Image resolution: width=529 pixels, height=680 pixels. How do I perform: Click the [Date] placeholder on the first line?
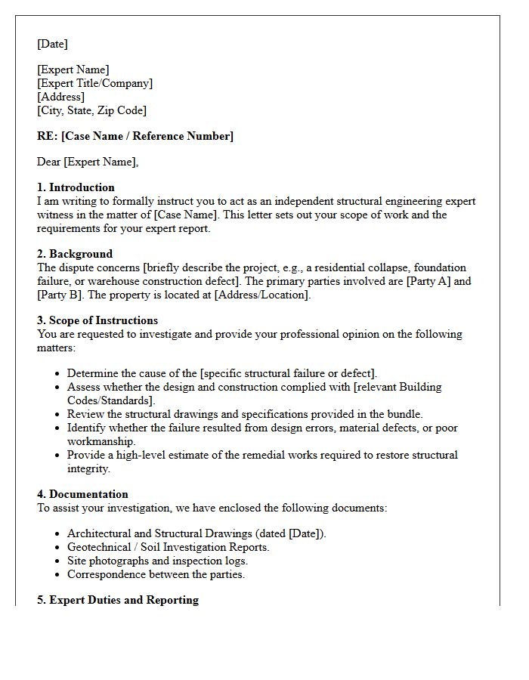(x=52, y=44)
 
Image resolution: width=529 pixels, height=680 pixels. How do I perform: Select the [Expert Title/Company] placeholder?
(x=94, y=83)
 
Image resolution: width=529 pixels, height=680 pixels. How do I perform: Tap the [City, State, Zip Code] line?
(x=91, y=110)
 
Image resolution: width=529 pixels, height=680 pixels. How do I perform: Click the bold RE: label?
(x=48, y=136)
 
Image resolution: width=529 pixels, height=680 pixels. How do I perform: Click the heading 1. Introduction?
(x=76, y=187)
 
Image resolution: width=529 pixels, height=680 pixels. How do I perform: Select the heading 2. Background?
(x=75, y=254)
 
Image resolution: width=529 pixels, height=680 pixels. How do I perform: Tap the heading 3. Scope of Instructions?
(x=97, y=320)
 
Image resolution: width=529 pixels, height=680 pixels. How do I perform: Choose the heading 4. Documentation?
(x=82, y=494)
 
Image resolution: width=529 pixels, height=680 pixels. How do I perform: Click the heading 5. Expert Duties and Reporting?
(x=118, y=600)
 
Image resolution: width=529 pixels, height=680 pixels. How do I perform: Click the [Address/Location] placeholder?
(x=261, y=295)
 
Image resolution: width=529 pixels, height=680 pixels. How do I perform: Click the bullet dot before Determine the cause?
(x=58, y=374)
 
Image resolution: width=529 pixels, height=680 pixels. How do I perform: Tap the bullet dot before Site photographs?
(x=58, y=561)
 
